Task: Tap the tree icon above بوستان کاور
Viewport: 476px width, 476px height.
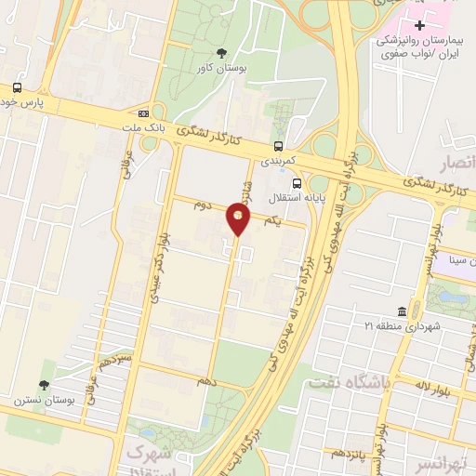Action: click(x=220, y=52)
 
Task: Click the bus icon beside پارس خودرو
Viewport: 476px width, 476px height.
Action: click(x=18, y=87)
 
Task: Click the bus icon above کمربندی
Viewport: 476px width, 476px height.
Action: click(x=278, y=145)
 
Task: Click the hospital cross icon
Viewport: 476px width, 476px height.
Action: click(x=419, y=25)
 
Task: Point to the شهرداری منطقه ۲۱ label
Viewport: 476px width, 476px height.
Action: click(x=402, y=326)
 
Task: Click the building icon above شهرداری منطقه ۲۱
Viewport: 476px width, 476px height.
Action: click(x=401, y=311)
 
